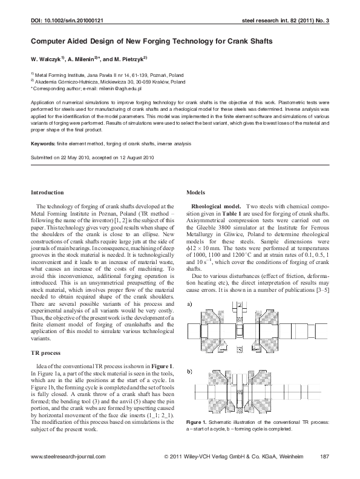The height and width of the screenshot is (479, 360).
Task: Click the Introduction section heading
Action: tap(47, 192)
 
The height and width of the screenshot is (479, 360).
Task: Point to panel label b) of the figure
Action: tap(190, 368)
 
